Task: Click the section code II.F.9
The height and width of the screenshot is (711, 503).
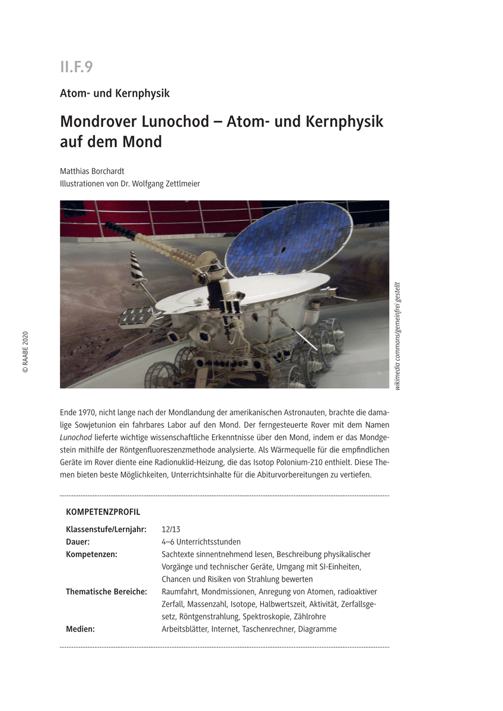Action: [77, 66]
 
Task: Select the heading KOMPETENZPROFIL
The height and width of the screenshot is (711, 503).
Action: [103, 511]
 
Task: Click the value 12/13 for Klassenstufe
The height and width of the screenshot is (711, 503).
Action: [171, 529]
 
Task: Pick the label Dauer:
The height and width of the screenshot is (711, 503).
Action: [78, 542]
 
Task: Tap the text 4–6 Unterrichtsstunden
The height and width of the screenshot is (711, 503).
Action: [201, 542]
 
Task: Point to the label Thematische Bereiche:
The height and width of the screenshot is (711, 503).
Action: [106, 591]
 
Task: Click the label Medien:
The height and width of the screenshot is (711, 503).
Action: [80, 629]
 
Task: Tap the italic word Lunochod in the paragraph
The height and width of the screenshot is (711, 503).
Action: [75, 437]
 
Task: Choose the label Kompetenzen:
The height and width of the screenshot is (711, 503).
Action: [91, 554]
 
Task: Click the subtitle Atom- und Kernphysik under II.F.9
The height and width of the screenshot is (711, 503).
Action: [114, 93]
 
